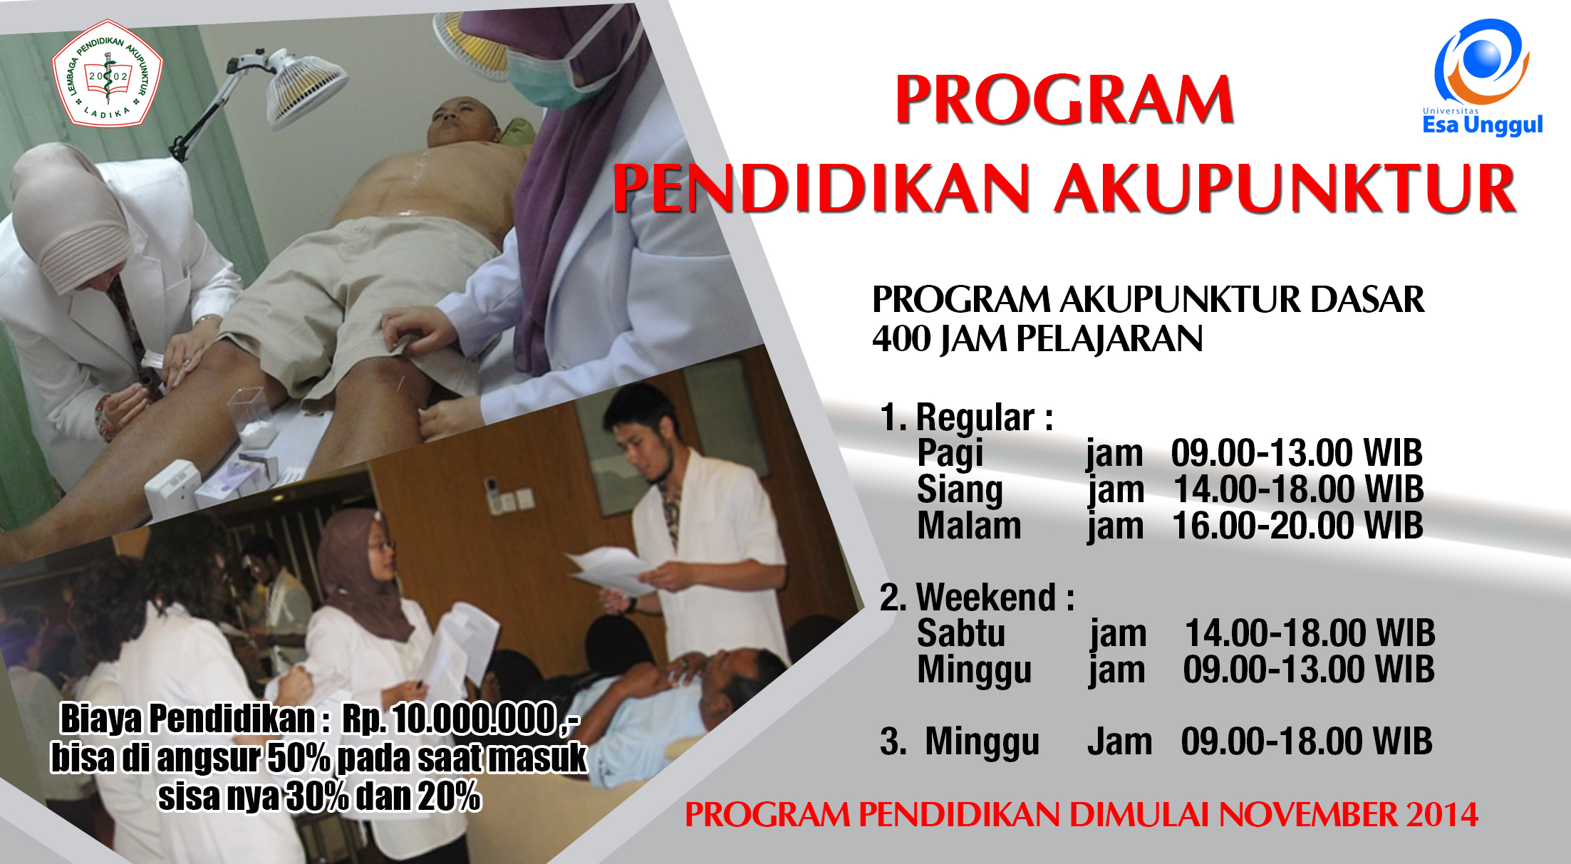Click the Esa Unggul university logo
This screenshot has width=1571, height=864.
coord(1482,77)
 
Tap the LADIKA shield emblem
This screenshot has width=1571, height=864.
coord(108,73)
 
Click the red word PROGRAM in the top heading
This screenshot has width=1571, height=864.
coord(1064,99)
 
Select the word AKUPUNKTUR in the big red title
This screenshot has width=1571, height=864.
coord(1285,188)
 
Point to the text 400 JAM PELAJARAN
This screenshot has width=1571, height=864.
coord(1037,338)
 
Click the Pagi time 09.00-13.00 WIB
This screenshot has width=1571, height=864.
coord(1297,453)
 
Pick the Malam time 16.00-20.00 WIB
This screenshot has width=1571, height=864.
coord(1297,526)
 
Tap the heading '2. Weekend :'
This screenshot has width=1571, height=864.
coord(977,597)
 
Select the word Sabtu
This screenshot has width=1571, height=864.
coord(961,633)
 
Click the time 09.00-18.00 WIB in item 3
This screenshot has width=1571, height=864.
coord(1307,741)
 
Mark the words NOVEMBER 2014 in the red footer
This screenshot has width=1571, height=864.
coord(1349,815)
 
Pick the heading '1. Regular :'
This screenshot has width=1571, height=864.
coord(967,417)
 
